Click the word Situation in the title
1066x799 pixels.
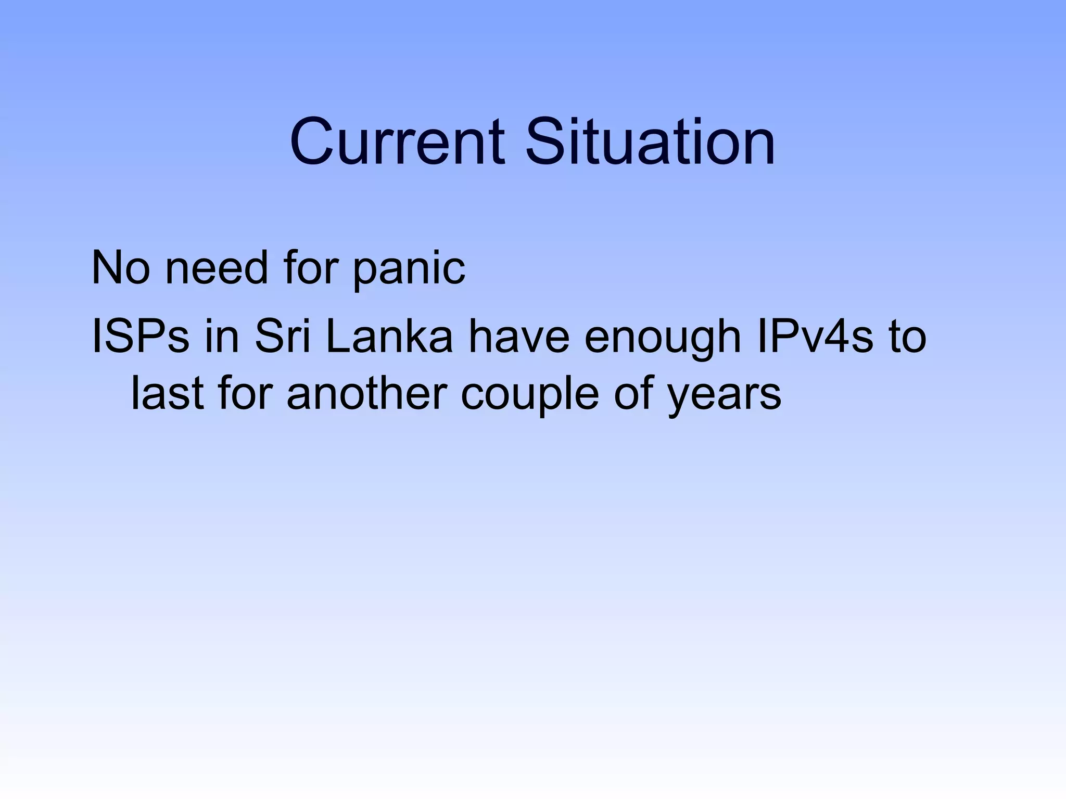click(650, 142)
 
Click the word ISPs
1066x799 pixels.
click(140, 338)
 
